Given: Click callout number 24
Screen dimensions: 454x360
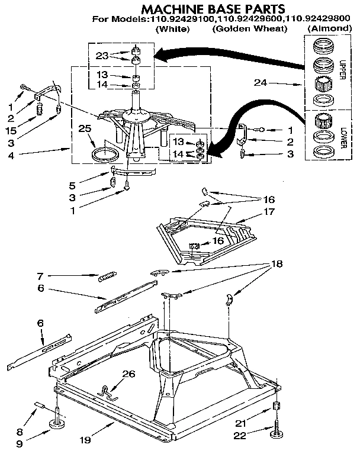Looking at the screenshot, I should [x=258, y=83].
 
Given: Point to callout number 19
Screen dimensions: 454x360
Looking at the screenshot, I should [x=86, y=440].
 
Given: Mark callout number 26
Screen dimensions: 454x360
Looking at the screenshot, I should [x=129, y=373].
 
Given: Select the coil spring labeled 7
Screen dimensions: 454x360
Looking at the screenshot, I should [x=107, y=275].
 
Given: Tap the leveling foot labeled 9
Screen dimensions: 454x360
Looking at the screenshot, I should [x=59, y=420].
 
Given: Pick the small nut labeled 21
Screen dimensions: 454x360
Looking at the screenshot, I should [x=276, y=407].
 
